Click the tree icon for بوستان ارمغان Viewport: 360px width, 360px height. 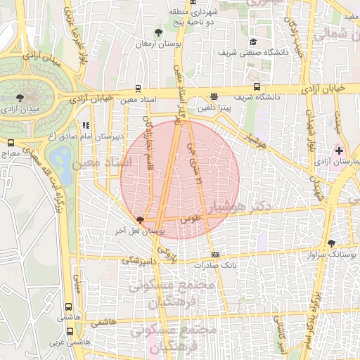(x=159, y=32)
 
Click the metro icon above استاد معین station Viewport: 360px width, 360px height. (x=137, y=89)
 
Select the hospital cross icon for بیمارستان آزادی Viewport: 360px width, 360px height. (x=340, y=150)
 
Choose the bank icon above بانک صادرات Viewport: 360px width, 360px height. (x=215, y=255)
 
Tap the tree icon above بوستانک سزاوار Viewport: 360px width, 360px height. (x=331, y=243)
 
